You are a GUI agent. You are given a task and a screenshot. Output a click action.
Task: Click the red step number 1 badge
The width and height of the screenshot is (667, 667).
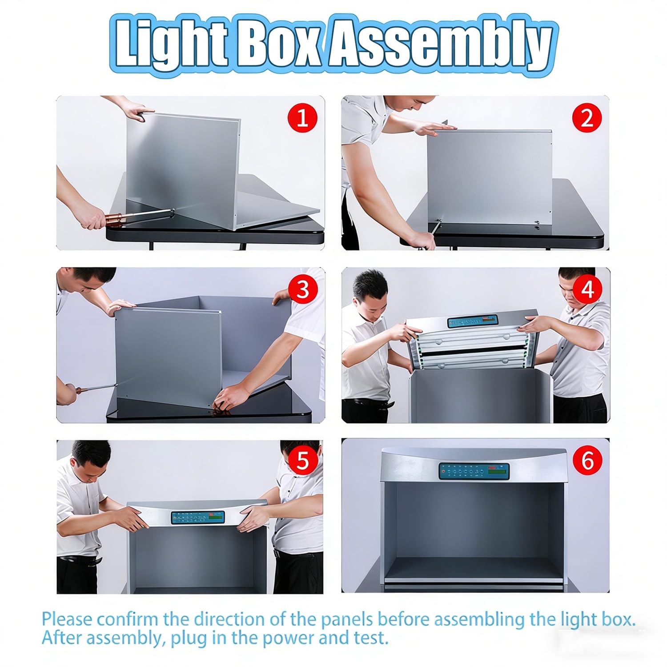point(302,118)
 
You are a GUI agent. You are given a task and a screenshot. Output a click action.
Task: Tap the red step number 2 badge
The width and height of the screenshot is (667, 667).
point(587,118)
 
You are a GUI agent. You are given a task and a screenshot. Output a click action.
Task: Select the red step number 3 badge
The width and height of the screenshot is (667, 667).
point(302,289)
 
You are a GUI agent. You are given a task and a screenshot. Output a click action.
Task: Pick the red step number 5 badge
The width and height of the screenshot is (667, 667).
point(302,460)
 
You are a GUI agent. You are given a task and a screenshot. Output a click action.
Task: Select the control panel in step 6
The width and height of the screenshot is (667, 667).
point(474,471)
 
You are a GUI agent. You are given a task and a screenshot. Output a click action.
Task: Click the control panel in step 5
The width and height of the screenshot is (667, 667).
point(198,518)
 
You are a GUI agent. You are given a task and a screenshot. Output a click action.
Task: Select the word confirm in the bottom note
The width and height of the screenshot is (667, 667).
point(127,619)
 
